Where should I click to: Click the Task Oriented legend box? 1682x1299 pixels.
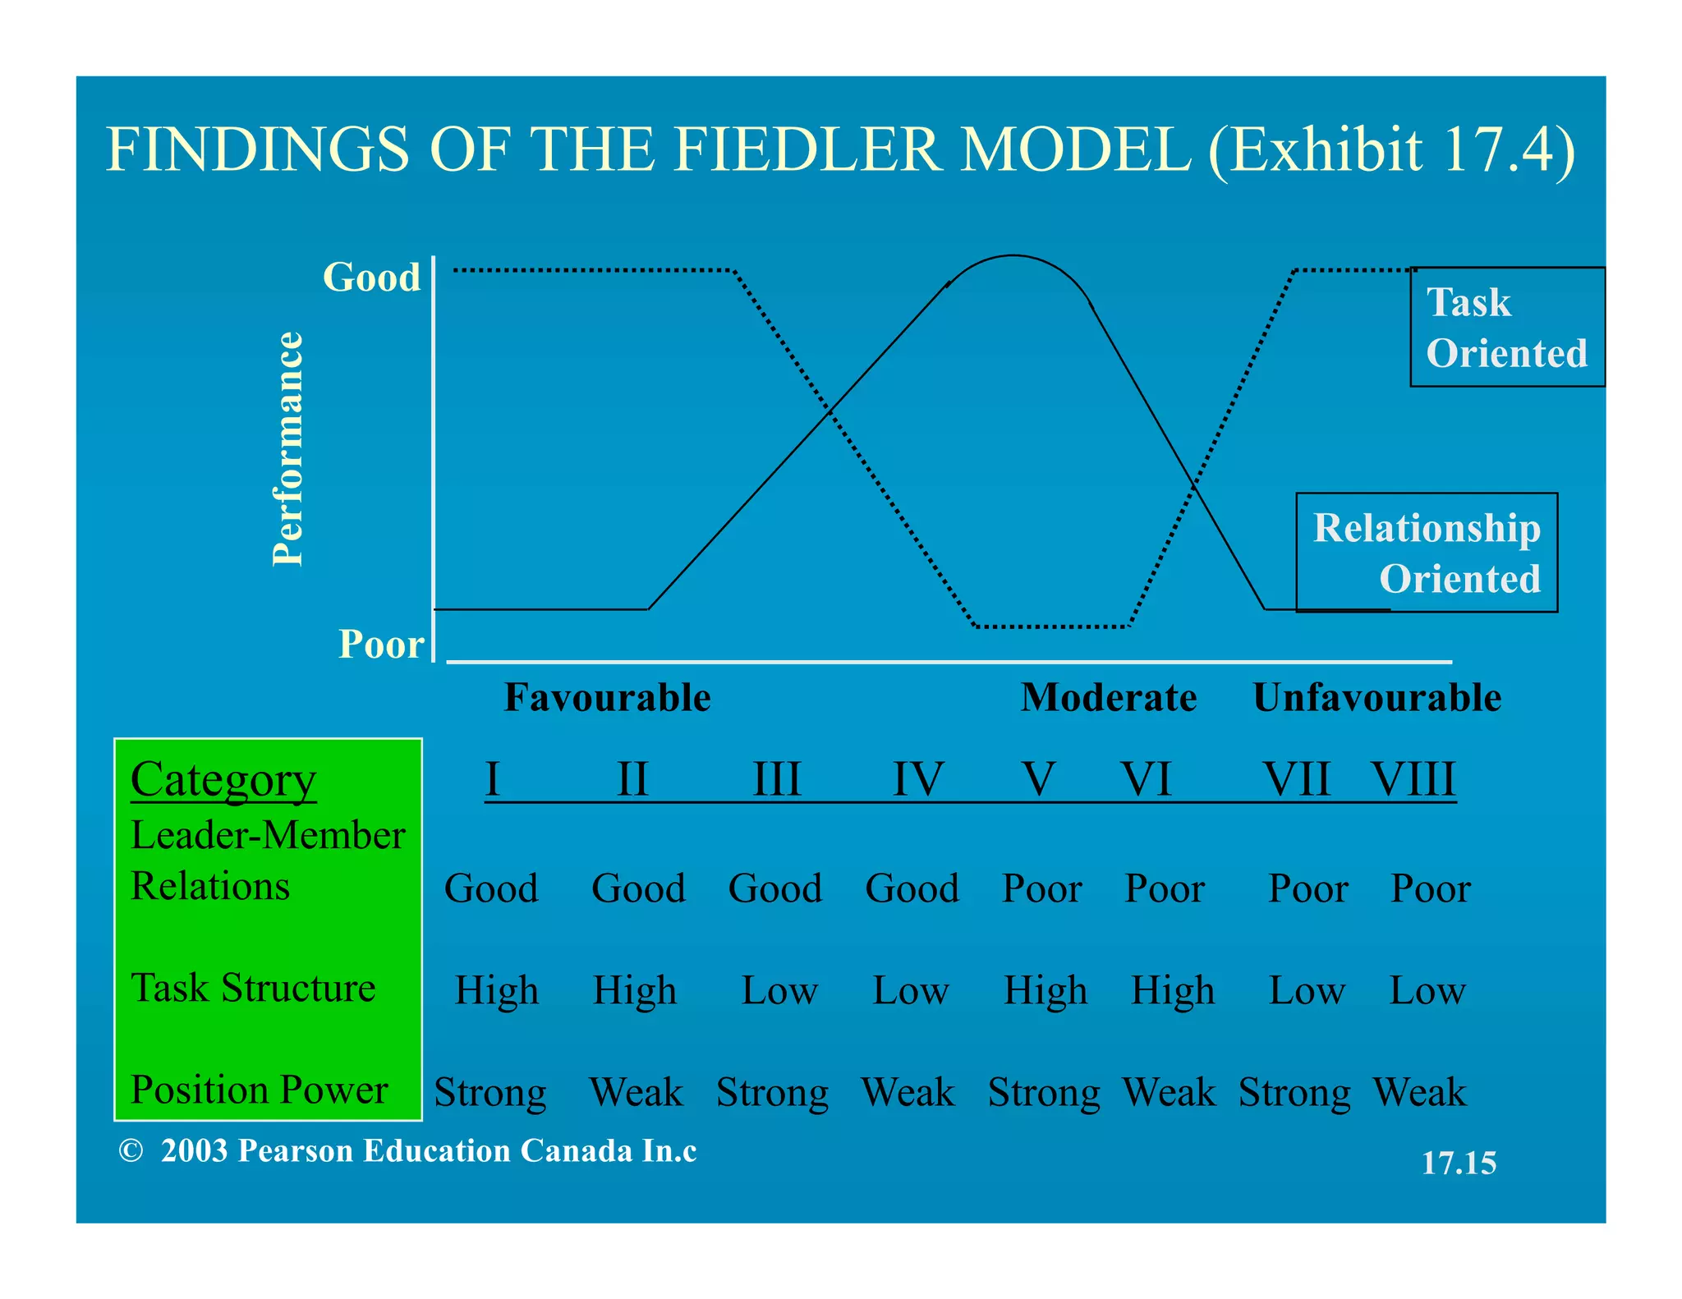1506,327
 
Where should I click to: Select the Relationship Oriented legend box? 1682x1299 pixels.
1427,553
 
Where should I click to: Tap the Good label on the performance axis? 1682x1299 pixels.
371,277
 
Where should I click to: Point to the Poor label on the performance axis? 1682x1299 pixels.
381,644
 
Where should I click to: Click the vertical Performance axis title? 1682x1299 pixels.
287,448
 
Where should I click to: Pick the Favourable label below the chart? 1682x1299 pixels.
607,697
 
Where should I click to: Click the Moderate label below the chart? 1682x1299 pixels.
1108,697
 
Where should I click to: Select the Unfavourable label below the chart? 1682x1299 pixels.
1376,697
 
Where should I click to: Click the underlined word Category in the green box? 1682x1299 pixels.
223,778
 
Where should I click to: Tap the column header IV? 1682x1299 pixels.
918,778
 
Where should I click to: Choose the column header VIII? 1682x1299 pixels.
1413,778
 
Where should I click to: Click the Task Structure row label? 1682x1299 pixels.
253,987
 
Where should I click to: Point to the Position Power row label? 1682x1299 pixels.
259,1090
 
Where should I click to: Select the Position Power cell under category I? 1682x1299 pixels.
490,1093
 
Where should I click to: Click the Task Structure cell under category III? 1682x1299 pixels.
779,990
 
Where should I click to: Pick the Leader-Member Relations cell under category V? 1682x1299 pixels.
1041,888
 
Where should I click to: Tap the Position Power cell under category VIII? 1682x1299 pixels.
1419,1093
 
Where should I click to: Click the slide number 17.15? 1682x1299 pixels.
1459,1163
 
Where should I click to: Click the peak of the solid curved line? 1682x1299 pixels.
1013,256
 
